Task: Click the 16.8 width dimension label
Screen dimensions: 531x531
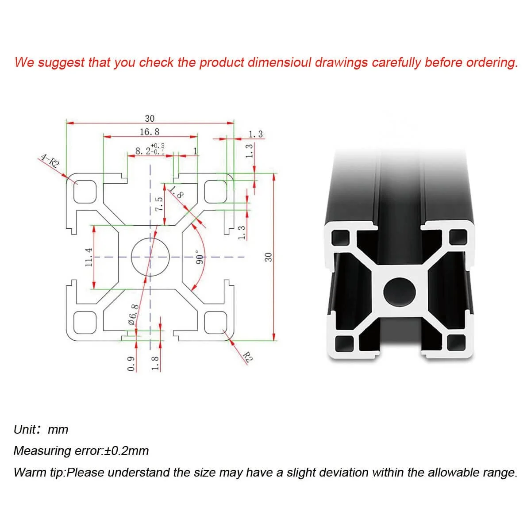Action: coord(150,132)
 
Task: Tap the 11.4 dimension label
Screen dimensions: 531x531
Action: coord(89,257)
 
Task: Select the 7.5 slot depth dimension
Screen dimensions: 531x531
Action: coord(159,204)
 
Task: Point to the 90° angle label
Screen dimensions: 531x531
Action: coord(199,257)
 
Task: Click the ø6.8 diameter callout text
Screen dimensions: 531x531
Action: coord(133,315)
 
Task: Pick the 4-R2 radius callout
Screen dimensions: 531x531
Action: coord(50,161)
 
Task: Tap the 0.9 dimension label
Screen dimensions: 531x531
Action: coord(131,364)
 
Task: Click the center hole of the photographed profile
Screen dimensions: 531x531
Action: coord(399,292)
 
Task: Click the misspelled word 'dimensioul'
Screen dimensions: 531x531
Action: coord(279,62)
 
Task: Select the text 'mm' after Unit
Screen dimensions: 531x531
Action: coord(58,430)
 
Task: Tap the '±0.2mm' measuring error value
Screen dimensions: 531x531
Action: coord(126,451)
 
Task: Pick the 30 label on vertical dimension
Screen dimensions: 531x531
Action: coord(268,257)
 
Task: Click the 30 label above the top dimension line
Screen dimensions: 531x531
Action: coord(150,119)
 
